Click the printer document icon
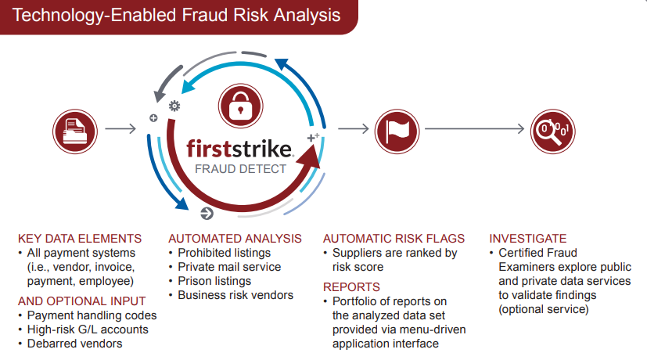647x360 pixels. click(x=75, y=131)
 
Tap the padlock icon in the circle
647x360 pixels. click(x=240, y=106)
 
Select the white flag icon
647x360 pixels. click(x=397, y=131)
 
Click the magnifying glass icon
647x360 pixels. click(x=552, y=131)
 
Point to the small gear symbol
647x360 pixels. click(x=174, y=106)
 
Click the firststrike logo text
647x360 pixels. click(x=240, y=149)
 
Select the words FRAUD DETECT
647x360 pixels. click(x=240, y=169)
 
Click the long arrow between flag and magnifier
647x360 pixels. click(x=475, y=129)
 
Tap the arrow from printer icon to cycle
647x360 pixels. click(x=120, y=129)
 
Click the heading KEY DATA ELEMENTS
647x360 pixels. click(x=80, y=239)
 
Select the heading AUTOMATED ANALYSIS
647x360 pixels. click(x=235, y=239)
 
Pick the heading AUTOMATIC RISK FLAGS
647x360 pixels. click(x=394, y=239)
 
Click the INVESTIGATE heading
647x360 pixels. click(x=528, y=239)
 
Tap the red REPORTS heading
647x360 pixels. click(x=351, y=287)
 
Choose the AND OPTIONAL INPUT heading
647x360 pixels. click(x=81, y=301)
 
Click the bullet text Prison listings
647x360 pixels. click(x=214, y=281)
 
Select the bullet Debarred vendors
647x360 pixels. click(x=74, y=344)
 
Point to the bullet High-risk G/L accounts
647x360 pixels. click(x=88, y=329)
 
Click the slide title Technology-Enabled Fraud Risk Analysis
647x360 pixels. click(x=177, y=16)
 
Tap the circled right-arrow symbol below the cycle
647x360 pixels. click(x=207, y=214)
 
